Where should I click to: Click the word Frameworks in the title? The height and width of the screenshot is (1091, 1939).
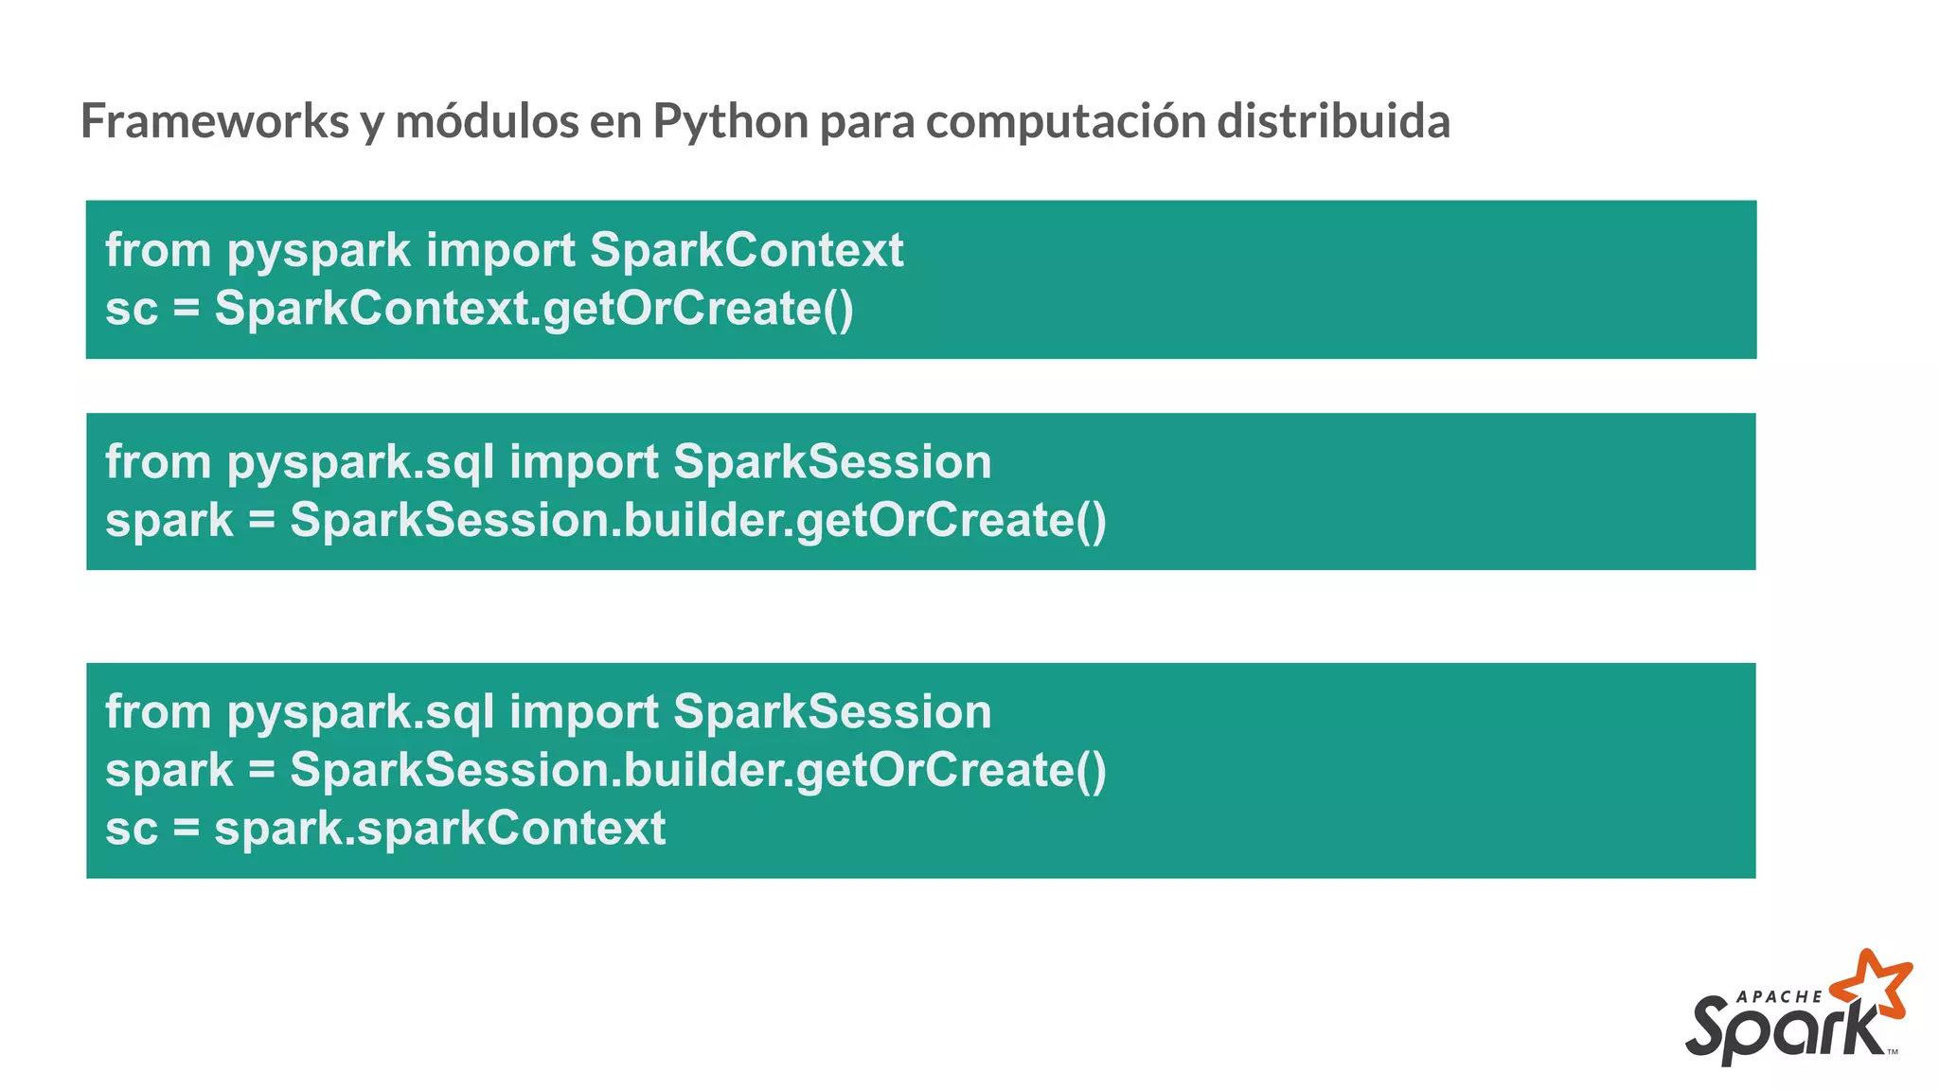tap(215, 121)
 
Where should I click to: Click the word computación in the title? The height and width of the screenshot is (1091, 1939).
tap(1065, 121)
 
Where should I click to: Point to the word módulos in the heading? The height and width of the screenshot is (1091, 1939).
tap(486, 121)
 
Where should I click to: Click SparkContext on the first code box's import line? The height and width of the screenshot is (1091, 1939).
tap(746, 250)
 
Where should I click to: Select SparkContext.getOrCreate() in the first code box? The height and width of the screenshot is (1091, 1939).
tap(534, 309)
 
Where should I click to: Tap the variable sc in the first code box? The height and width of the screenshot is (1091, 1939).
tap(132, 309)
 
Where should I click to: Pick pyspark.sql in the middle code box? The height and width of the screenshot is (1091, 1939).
tap(360, 463)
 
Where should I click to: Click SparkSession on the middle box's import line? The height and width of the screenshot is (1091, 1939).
tap(832, 462)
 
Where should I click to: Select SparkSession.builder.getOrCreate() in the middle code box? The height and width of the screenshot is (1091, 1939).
tap(698, 521)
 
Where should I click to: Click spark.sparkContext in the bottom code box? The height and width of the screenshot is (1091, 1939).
tap(440, 829)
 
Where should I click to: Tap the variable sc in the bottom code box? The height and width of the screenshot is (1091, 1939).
tap(132, 829)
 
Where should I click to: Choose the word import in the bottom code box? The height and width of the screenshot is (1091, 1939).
tap(583, 712)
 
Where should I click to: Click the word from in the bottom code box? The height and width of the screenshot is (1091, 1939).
tap(158, 712)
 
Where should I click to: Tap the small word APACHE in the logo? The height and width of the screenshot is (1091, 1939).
tap(1780, 996)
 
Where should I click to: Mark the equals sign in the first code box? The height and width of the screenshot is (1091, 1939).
tap(187, 310)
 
